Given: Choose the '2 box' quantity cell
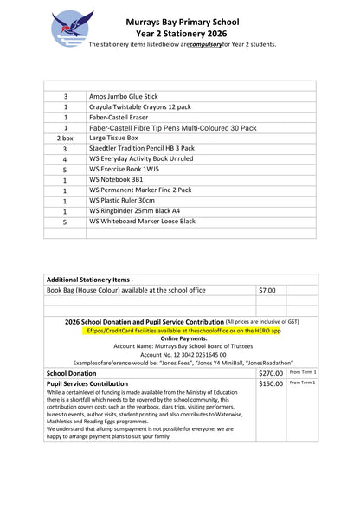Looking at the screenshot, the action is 65,138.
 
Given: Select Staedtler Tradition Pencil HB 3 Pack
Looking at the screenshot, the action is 142,149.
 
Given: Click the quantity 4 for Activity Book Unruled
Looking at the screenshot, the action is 65,159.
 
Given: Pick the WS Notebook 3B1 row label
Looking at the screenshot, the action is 119,180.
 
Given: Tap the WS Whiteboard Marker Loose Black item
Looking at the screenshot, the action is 142,222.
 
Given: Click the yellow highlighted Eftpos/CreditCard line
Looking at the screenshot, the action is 184,331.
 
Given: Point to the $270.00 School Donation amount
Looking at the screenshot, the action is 271,373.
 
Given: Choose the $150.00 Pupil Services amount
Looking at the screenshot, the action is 271,383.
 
